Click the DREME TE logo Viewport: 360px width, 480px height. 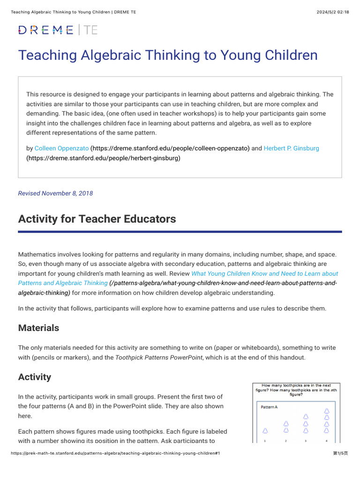click(x=58, y=30)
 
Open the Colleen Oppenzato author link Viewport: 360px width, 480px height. click(x=61, y=148)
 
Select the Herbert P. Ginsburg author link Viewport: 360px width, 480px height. click(x=291, y=148)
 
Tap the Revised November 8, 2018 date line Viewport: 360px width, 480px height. click(x=55, y=193)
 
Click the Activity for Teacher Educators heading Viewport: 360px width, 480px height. click(x=97, y=219)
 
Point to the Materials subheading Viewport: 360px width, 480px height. click(x=38, y=328)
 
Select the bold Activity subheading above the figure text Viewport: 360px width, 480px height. click(x=34, y=377)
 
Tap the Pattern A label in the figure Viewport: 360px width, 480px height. click(x=269, y=407)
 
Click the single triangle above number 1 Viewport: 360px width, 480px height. click(x=265, y=430)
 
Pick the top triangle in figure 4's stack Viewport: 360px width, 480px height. click(x=327, y=411)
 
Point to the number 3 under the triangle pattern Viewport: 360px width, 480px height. click(x=306, y=441)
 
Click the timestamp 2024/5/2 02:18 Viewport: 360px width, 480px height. click(x=333, y=12)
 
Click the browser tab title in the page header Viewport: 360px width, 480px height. click(x=73, y=12)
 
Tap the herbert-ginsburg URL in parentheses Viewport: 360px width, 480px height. click(x=103, y=158)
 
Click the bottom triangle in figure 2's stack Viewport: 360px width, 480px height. click(x=286, y=430)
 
